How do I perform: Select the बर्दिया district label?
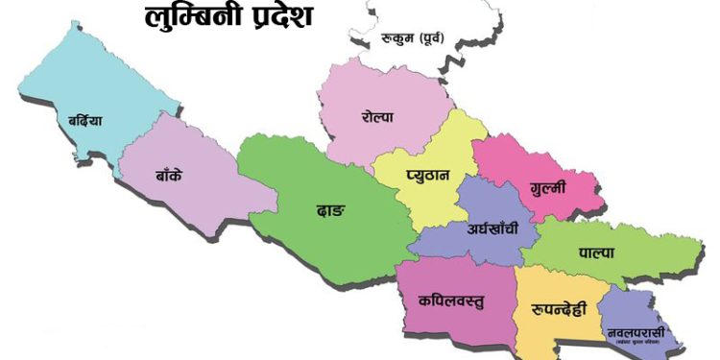coord(84,123)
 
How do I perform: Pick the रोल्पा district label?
coord(378,117)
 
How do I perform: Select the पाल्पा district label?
coord(596,252)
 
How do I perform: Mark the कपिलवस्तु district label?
coord(450,300)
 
